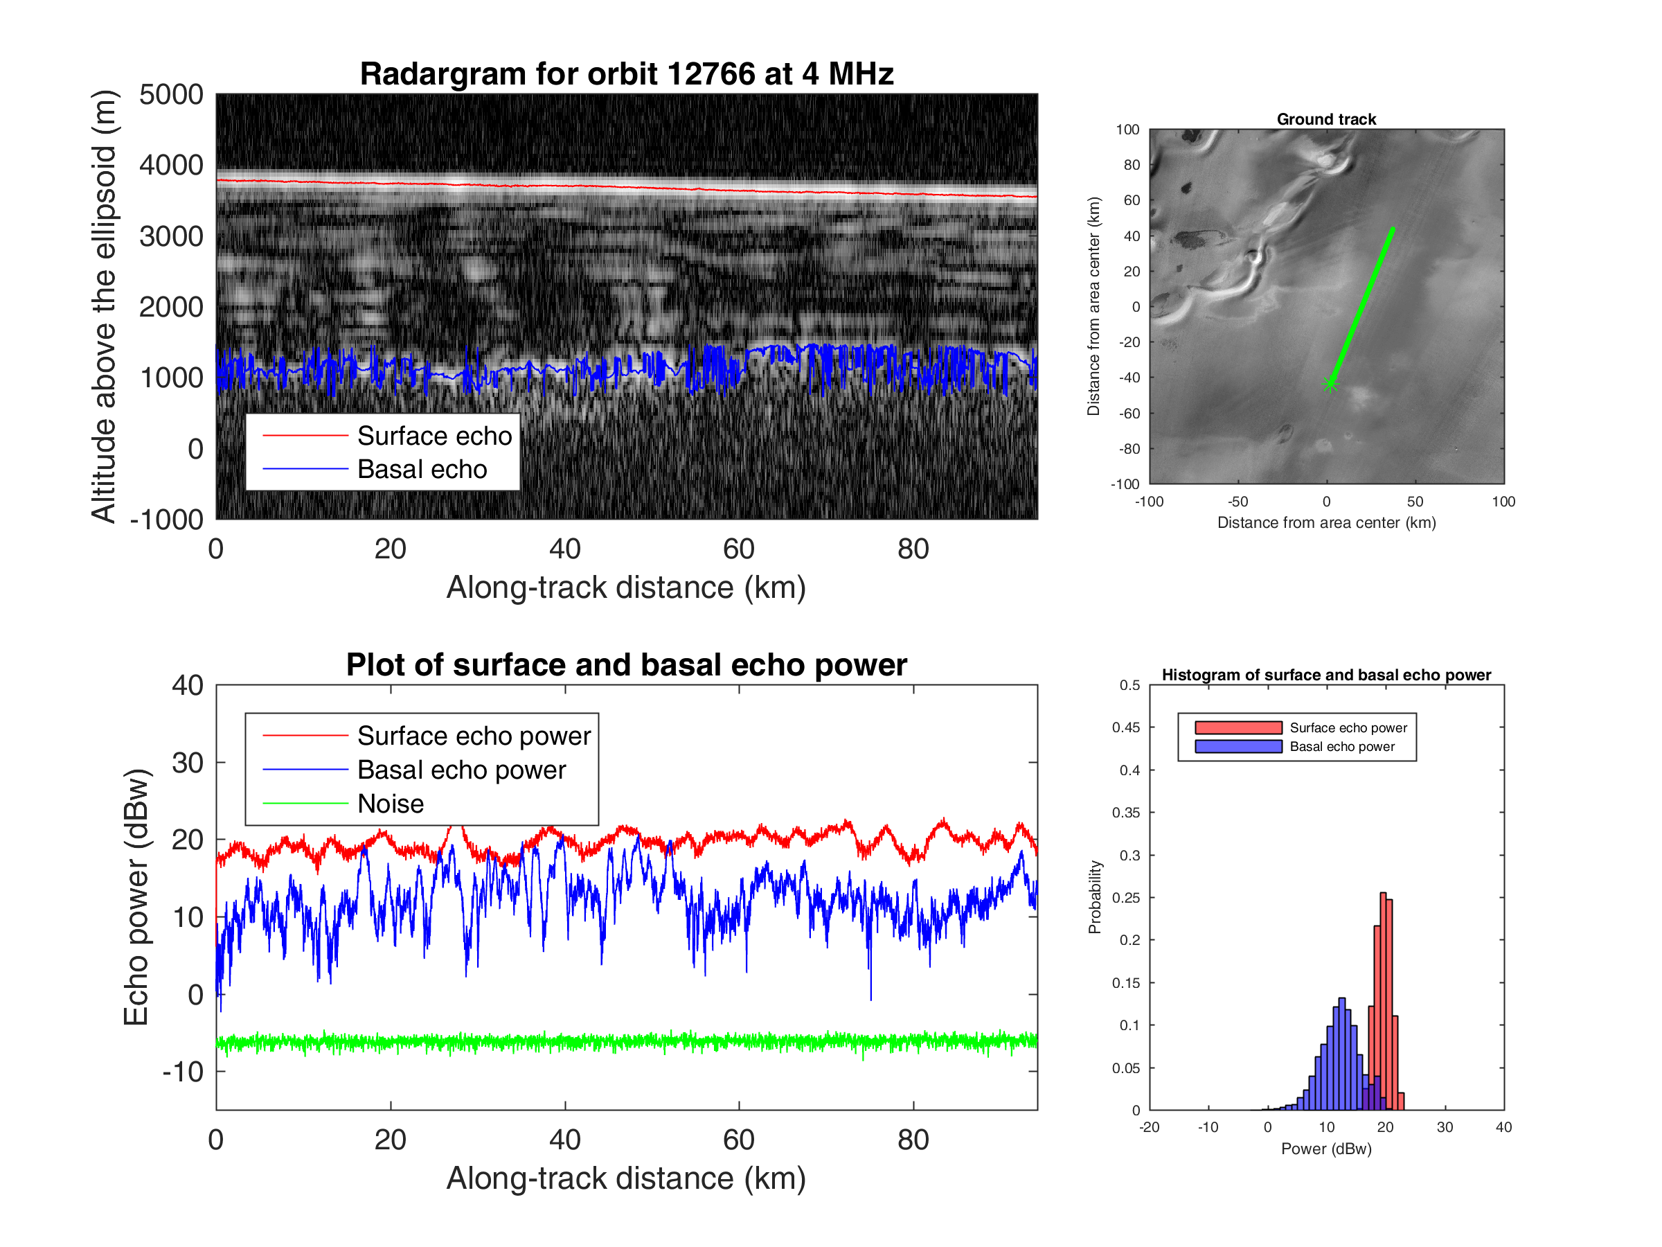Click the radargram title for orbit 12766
627,74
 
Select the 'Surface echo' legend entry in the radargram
434,436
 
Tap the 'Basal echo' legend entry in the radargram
422,469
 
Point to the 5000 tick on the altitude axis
171,95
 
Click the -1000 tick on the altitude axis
167,520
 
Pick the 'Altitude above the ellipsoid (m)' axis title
104,306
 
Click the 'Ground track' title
1326,118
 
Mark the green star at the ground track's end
1330,386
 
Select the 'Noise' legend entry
390,804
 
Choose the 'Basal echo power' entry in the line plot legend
461,770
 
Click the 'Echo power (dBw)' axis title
136,896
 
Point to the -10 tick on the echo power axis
183,1071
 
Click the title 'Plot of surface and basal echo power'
627,665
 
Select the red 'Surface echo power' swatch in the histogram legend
1238,727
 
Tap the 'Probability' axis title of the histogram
1095,896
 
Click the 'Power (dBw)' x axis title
1326,1149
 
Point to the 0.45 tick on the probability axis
1125,727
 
